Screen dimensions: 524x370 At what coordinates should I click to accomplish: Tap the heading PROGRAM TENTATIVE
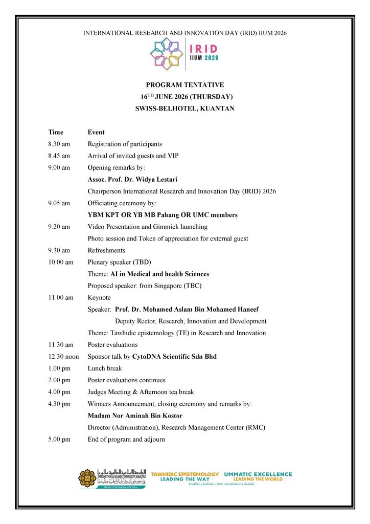tap(185, 85)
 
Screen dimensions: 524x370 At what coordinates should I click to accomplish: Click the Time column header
tap(56, 132)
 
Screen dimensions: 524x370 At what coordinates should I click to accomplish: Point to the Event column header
tap(96, 132)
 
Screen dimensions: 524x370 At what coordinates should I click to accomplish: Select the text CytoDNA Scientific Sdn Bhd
tap(174, 357)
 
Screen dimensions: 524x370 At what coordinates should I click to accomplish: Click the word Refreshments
tap(106, 250)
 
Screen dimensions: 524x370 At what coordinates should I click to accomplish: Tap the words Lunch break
tap(105, 368)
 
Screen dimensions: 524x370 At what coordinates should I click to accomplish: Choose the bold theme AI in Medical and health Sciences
tap(160, 274)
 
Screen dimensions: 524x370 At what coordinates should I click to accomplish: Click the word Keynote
tap(99, 297)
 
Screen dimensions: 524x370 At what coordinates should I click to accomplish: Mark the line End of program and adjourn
tap(126, 439)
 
